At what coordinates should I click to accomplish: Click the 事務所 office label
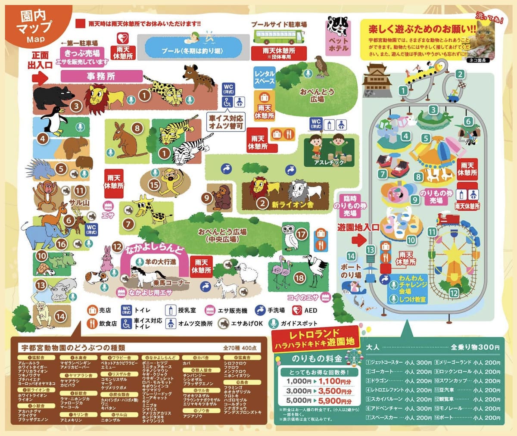pos(101,76)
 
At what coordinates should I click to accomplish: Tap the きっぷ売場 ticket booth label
pos(82,53)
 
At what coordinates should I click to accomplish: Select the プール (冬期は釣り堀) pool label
pos(192,51)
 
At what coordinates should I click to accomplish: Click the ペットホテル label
pos(338,44)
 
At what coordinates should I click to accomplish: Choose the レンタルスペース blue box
pos(265,77)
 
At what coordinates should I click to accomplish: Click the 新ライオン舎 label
pos(293,205)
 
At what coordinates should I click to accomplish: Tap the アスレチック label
pos(329,162)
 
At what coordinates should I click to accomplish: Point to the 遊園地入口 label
pos(358,227)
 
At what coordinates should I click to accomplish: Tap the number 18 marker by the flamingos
pos(299,278)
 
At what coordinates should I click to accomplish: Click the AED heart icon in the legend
pos(297,310)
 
